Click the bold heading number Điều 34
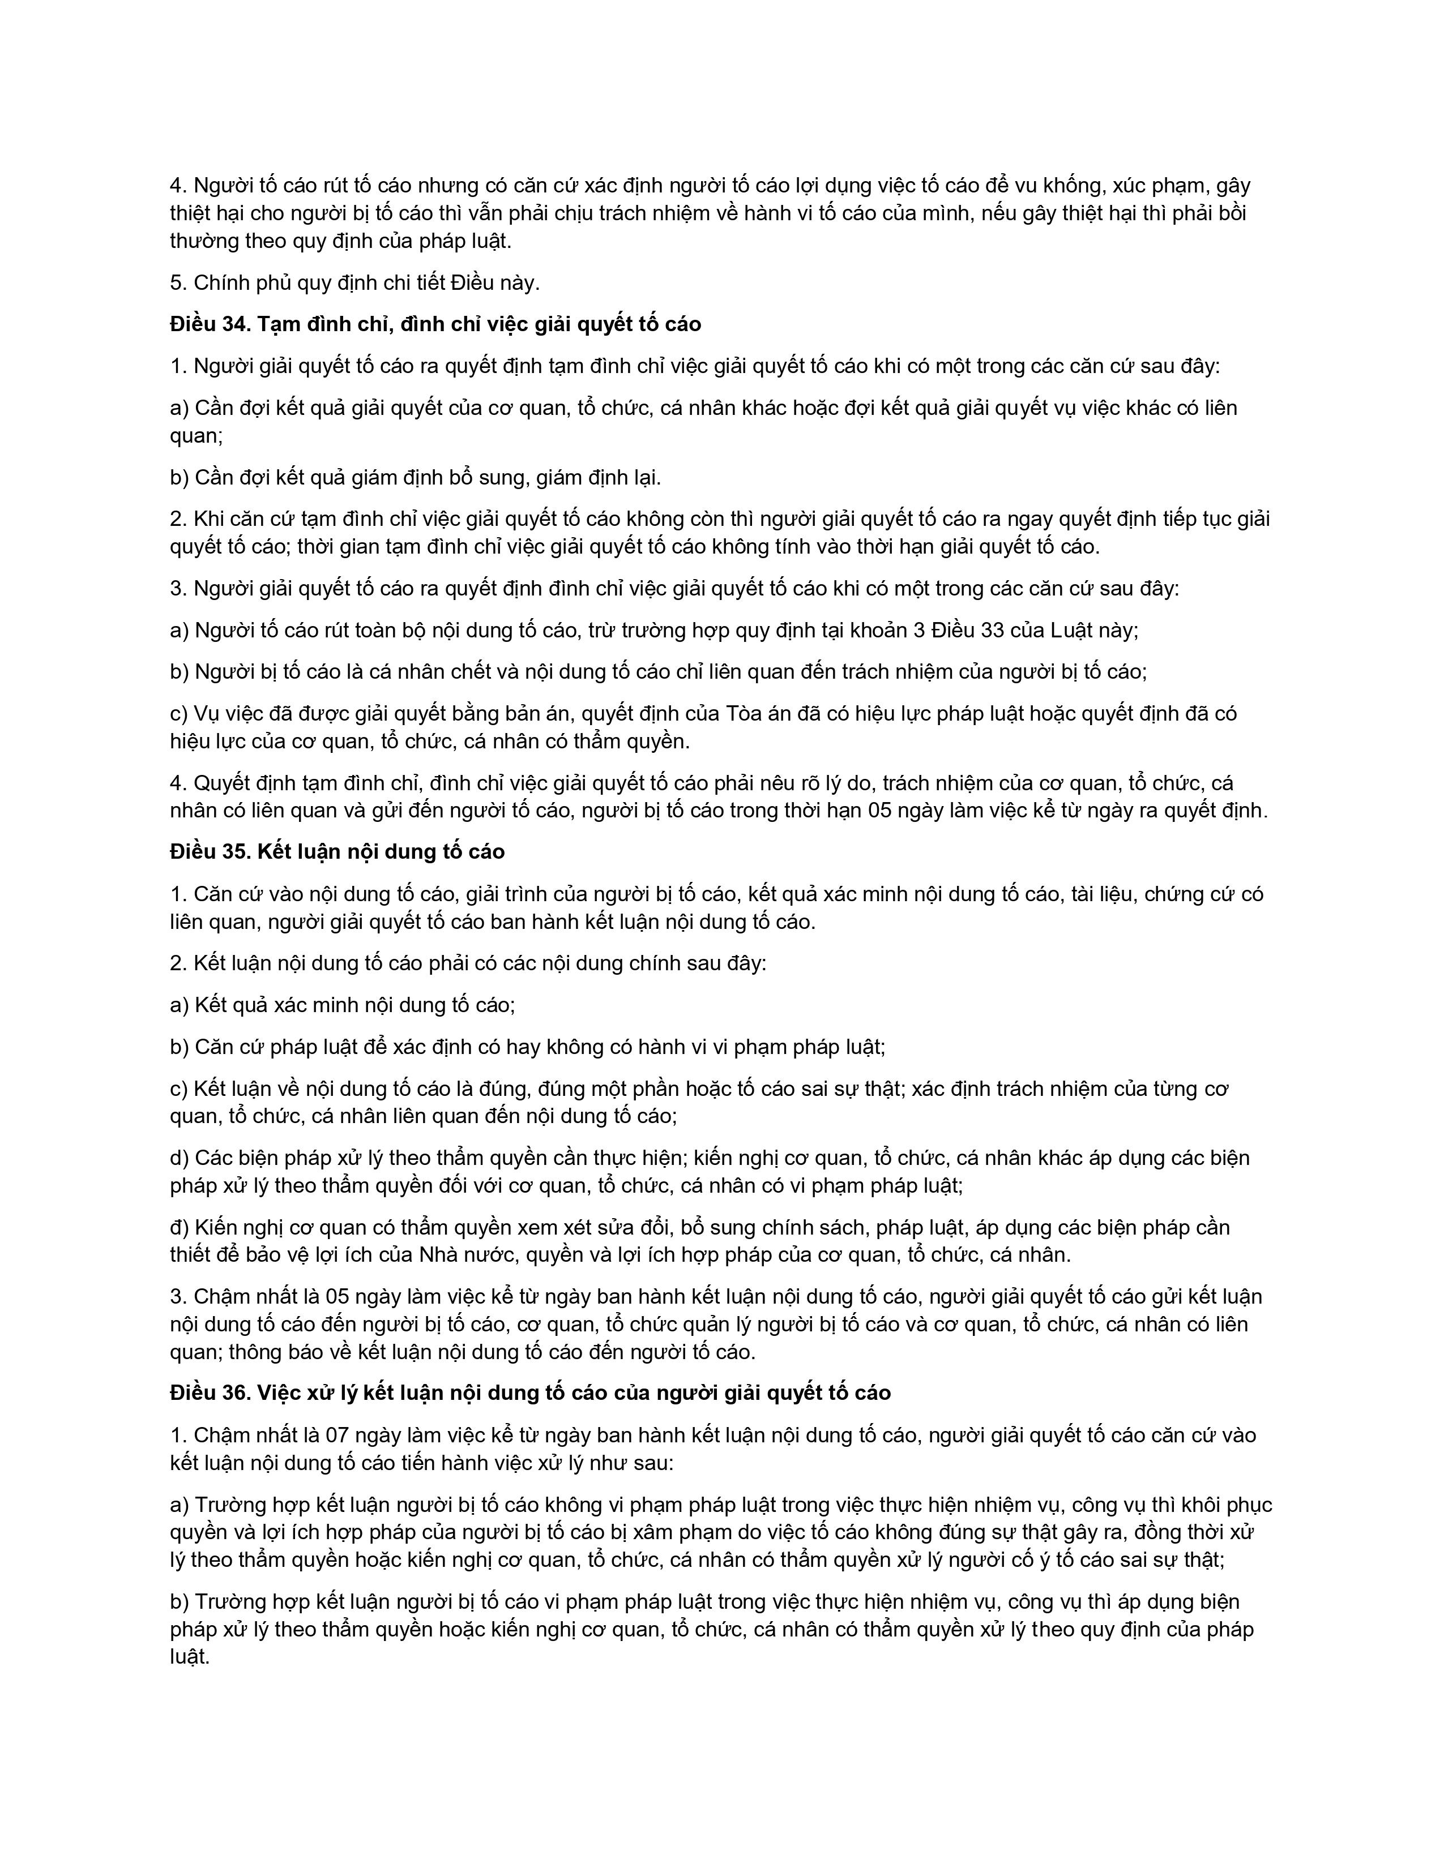tap(209, 324)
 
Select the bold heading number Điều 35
tap(209, 852)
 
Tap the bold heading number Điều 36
tap(209, 1393)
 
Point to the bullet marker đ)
tap(179, 1227)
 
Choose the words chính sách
tap(834, 1227)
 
